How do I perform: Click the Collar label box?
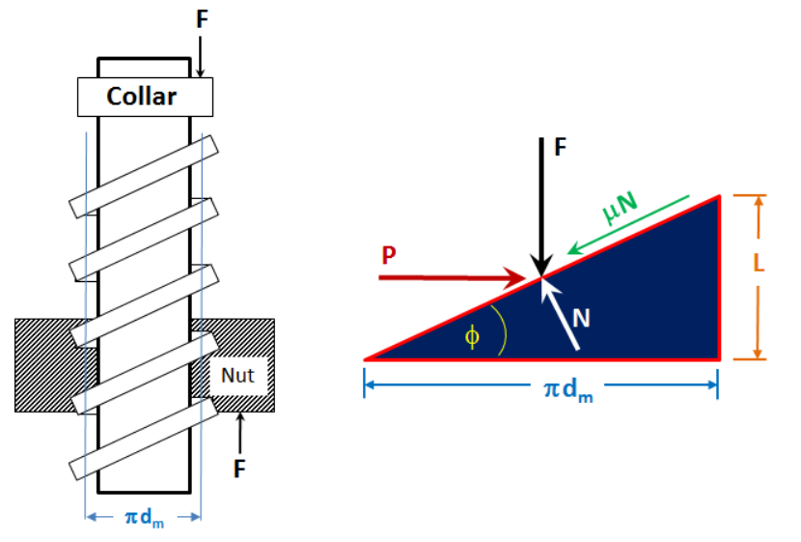(x=145, y=98)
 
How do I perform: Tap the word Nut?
(x=237, y=375)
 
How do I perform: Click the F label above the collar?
(x=203, y=19)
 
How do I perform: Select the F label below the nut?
(x=239, y=469)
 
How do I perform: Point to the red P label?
(x=389, y=255)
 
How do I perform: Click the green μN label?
(x=621, y=208)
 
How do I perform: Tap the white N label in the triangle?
(x=581, y=318)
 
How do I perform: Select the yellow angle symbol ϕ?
(x=472, y=337)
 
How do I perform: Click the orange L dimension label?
(x=759, y=263)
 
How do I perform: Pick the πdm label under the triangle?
(x=568, y=390)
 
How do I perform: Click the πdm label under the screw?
(x=145, y=518)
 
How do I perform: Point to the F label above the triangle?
(x=561, y=147)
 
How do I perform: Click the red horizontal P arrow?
(x=453, y=277)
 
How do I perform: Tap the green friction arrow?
(x=628, y=225)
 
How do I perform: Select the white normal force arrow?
(x=560, y=314)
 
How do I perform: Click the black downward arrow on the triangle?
(x=541, y=208)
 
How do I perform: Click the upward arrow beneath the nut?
(x=240, y=433)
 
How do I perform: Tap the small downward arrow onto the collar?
(x=201, y=57)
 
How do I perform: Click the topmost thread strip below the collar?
(x=144, y=177)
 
